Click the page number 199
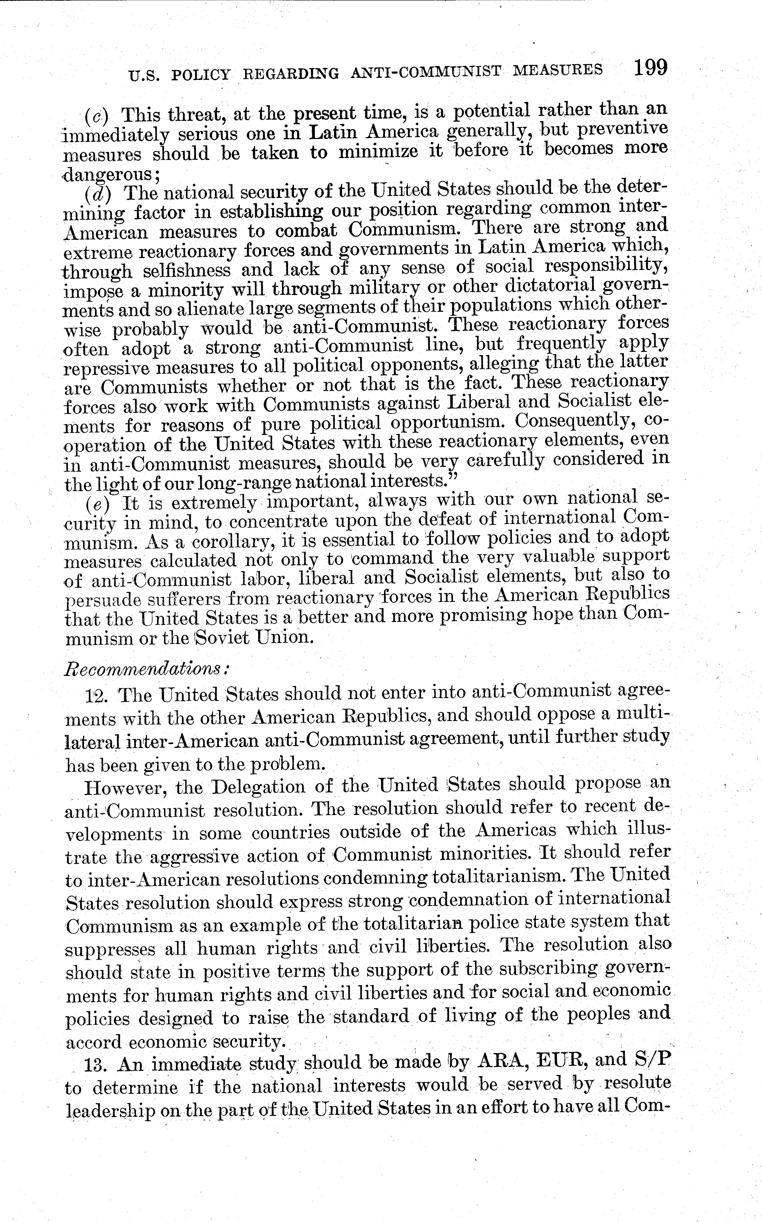650,67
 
